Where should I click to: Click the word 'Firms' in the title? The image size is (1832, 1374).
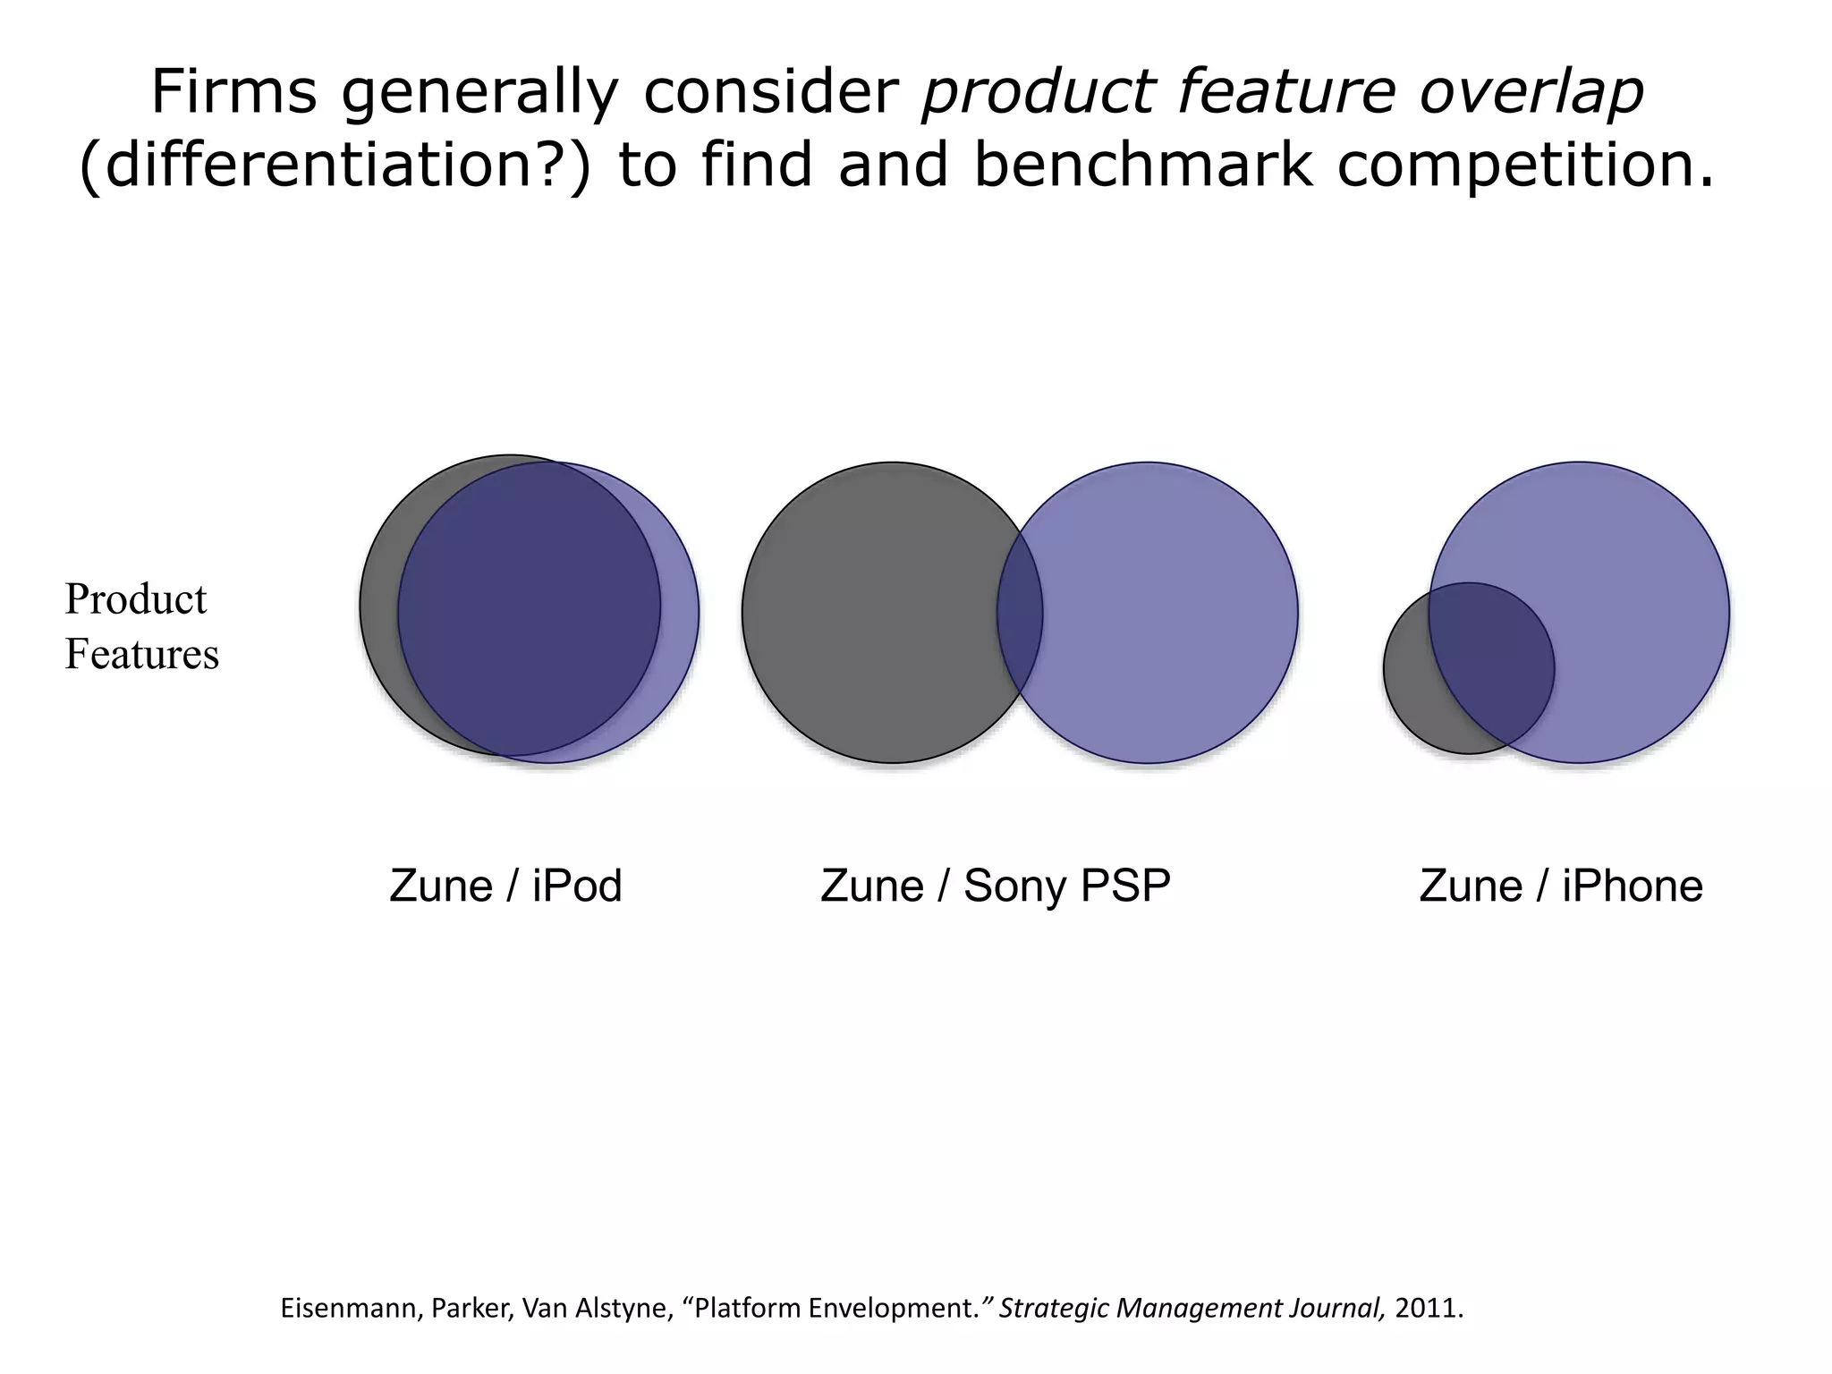tap(233, 92)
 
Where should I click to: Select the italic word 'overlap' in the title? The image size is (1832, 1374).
tap(1531, 92)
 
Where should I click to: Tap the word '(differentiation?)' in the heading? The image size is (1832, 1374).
tap(335, 165)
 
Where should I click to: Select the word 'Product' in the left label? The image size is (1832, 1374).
tap(136, 599)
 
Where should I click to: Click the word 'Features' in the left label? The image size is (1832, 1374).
tap(142, 654)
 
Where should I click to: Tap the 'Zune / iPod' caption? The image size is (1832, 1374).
tap(505, 886)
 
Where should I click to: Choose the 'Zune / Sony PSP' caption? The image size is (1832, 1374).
tap(995, 886)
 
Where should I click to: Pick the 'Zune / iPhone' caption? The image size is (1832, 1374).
tap(1561, 886)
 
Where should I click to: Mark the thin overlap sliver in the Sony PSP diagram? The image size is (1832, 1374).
tap(1020, 613)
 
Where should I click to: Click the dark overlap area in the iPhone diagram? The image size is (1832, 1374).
tap(1489, 662)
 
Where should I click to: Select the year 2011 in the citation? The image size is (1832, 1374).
tap(1428, 1309)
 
